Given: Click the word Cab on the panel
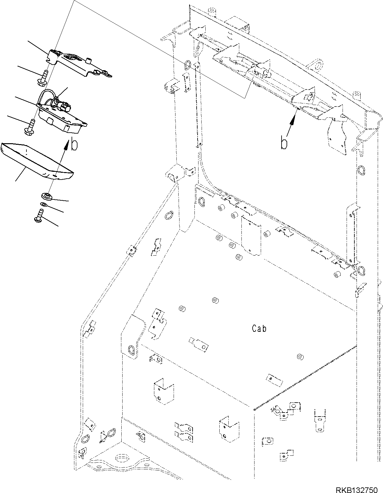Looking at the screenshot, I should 259,328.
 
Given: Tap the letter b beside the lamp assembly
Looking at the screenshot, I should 74,145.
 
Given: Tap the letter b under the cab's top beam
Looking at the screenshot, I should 284,144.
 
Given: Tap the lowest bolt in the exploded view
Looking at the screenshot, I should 39,216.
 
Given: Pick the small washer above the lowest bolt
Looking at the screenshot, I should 44,204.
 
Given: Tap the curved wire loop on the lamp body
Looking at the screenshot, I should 47,93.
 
